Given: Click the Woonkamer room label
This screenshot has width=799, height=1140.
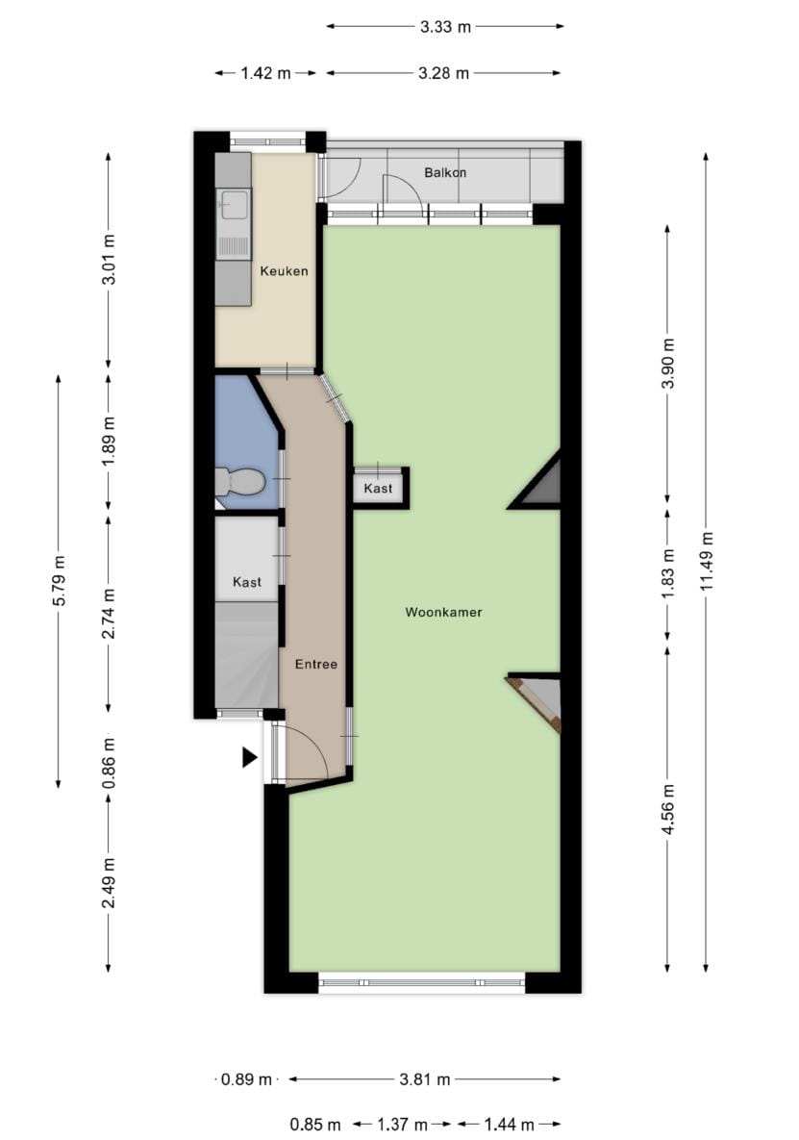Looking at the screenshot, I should [x=443, y=612].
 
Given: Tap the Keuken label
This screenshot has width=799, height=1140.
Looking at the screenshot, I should [x=285, y=271].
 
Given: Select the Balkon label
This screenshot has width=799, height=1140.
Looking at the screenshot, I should [x=445, y=173].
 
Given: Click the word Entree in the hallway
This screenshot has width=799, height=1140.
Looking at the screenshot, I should [x=316, y=664].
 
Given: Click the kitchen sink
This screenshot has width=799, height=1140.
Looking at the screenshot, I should [x=234, y=204].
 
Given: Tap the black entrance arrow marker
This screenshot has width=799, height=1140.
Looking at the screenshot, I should [x=250, y=758].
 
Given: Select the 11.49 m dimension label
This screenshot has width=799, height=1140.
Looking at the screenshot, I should [x=708, y=559].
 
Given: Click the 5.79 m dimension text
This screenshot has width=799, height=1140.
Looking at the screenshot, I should [x=59, y=582].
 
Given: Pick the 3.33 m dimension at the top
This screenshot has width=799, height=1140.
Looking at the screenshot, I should [x=445, y=27].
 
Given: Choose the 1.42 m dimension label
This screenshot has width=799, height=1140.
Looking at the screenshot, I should [x=265, y=73].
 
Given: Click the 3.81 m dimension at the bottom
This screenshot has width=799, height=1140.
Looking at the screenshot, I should [x=425, y=1079].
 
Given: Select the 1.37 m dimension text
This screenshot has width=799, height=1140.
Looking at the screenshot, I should [x=403, y=1124].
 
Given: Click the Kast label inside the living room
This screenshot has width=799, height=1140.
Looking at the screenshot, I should [x=378, y=489].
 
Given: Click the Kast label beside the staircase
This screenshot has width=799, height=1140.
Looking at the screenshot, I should [x=247, y=582].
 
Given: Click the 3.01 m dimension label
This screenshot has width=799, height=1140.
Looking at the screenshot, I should [x=109, y=260].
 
